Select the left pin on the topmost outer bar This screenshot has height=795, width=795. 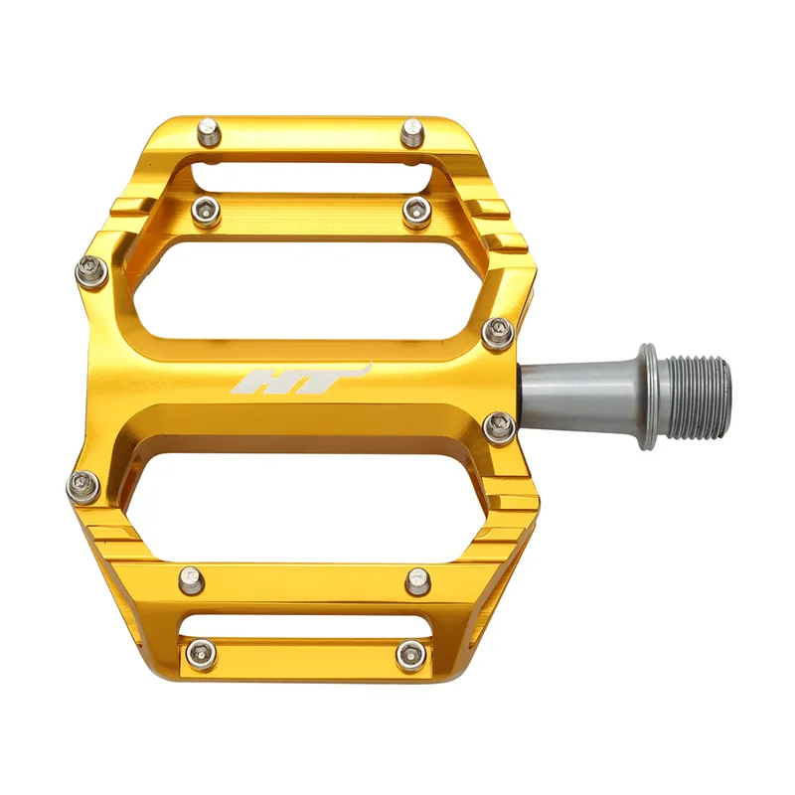tap(209, 131)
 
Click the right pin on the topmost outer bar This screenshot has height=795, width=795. tap(412, 132)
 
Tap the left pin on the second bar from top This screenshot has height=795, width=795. tap(207, 209)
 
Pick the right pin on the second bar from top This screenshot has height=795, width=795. tap(416, 210)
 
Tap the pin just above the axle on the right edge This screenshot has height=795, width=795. tap(499, 332)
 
